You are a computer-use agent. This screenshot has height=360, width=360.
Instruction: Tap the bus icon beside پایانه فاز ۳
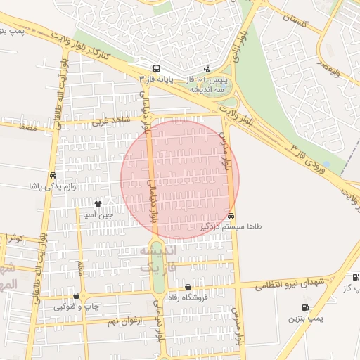[155, 69]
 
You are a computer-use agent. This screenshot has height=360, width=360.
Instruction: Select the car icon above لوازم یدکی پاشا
[53, 175]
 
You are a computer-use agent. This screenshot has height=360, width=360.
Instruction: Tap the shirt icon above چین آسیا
[107, 203]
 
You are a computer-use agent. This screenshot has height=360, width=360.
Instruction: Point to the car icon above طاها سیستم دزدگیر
[231, 216]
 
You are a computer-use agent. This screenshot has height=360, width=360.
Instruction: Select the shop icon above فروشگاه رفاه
[188, 287]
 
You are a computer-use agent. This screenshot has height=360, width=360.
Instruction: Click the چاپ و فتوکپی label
[76, 306]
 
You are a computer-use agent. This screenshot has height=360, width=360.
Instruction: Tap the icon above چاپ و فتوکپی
[76, 295]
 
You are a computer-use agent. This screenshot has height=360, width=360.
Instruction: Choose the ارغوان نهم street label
[125, 321]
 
